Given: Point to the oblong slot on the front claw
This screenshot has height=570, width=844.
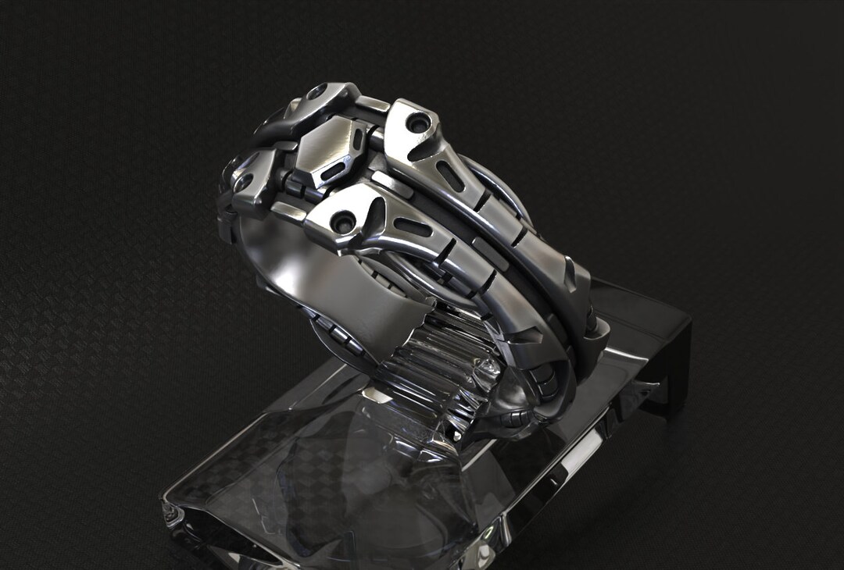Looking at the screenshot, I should click(x=412, y=227).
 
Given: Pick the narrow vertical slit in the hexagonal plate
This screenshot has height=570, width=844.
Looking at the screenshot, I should click(x=357, y=141).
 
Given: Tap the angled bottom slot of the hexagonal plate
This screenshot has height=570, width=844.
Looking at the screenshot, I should click(x=332, y=172).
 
